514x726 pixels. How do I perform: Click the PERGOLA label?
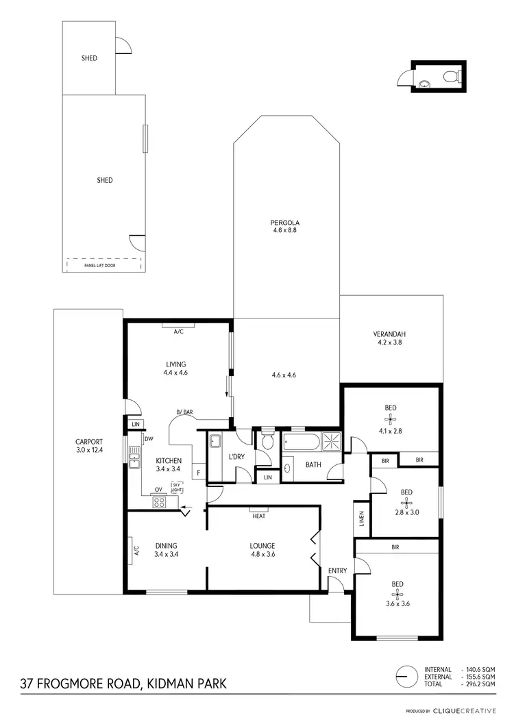coord(286,223)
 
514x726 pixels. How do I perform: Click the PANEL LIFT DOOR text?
coord(99,265)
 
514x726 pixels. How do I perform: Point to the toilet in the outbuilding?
coord(450,76)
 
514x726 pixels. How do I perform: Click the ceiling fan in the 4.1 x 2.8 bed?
coord(390,420)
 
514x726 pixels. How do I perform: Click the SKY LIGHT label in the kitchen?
coord(177,487)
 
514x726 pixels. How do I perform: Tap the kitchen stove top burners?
coord(159,501)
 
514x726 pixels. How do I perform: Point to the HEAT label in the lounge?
coord(258,516)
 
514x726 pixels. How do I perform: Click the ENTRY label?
coord(337,571)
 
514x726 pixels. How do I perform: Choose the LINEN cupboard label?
coord(361,519)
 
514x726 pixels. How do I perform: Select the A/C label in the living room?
coord(179,331)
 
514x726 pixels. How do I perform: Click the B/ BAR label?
coord(184,412)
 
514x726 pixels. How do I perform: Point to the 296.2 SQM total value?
coord(480,684)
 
